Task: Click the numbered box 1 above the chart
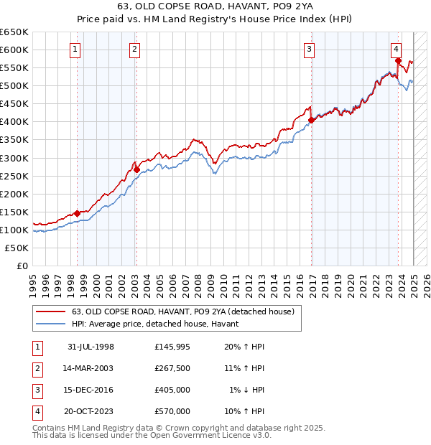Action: click(x=75, y=50)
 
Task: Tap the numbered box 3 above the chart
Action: click(x=309, y=50)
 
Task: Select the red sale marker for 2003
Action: click(x=136, y=169)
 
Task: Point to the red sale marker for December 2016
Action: click(x=311, y=120)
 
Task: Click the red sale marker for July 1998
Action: click(x=78, y=213)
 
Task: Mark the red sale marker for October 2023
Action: click(x=398, y=61)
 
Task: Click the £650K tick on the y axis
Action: click(x=15, y=32)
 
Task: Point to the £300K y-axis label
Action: click(x=15, y=158)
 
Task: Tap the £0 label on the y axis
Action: click(x=23, y=266)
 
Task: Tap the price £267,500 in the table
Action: click(x=172, y=368)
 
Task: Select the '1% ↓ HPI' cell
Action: click(x=246, y=390)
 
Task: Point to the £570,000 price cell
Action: click(x=172, y=411)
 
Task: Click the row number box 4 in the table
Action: click(x=37, y=411)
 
